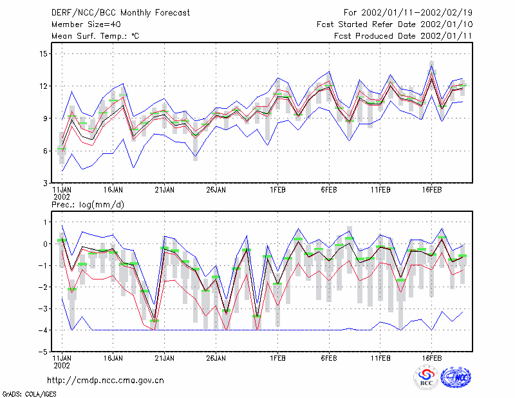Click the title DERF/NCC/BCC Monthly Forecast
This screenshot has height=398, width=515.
pos(120,13)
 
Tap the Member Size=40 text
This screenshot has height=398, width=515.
pos(86,24)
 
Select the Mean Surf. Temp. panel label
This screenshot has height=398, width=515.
pos(95,36)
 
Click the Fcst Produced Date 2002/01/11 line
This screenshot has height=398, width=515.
pos(403,36)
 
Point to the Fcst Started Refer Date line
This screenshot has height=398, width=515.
pos(395,24)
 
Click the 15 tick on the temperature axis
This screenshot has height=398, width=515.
pos(43,53)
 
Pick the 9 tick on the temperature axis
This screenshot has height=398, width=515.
pos(45,118)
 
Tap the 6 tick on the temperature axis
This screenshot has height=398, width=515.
pos(45,151)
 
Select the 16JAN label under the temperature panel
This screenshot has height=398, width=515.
pos(113,190)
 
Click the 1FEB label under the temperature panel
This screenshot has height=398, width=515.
pos(277,190)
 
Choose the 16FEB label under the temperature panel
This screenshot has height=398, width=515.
pos(431,190)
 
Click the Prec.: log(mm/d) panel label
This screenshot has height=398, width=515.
pos(88,205)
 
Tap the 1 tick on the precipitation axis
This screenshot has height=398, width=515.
pos(46,222)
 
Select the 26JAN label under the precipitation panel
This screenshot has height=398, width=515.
pos(216,358)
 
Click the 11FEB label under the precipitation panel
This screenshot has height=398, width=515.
pos(380,358)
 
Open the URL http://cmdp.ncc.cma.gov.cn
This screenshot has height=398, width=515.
pos(106,381)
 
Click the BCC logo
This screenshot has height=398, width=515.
pos(426,377)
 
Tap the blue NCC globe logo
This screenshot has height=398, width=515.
pos(456,377)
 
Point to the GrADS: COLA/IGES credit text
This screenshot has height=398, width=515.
pos(29,394)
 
